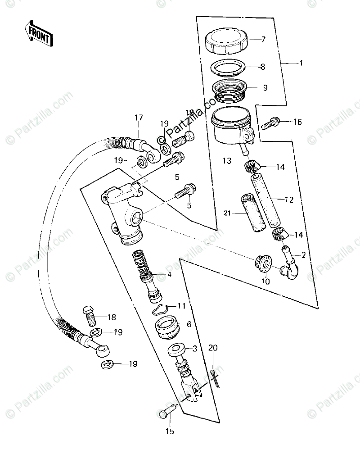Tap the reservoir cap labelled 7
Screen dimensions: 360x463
pyautogui.click(x=226, y=41)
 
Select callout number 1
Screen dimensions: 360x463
pyautogui.click(x=301, y=63)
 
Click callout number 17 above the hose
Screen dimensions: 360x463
pyautogui.click(x=138, y=118)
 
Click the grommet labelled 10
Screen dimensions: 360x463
pyautogui.click(x=264, y=263)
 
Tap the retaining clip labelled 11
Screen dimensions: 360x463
pyautogui.click(x=160, y=309)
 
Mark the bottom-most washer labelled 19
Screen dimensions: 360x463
pyautogui.click(x=106, y=363)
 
